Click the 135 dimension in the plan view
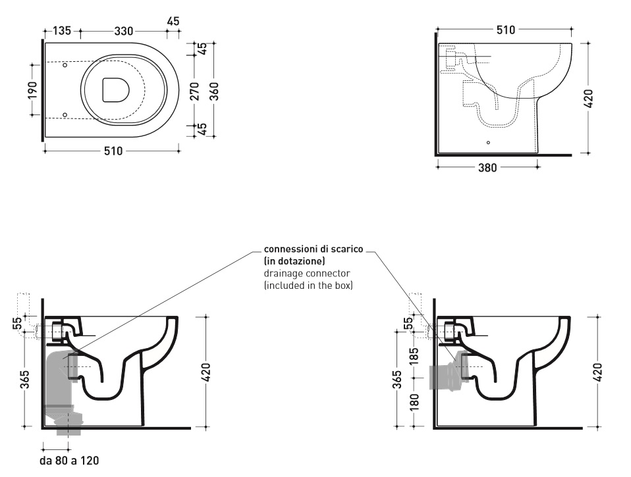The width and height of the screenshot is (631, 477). click(x=61, y=30)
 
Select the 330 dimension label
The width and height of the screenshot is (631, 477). click(x=124, y=30)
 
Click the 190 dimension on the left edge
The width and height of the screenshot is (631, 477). click(x=32, y=89)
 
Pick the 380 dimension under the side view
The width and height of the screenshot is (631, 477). click(x=487, y=167)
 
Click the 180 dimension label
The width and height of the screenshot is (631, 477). click(x=413, y=401)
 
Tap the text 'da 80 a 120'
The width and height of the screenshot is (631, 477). click(x=69, y=461)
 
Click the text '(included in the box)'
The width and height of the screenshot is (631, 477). click(x=308, y=285)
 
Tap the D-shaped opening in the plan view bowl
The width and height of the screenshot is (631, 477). click(x=115, y=90)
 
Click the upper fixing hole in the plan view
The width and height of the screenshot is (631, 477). click(x=65, y=65)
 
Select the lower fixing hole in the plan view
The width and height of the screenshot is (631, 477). click(x=65, y=114)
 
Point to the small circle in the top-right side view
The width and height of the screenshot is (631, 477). click(x=487, y=142)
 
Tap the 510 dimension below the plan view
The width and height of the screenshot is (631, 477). click(x=113, y=151)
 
